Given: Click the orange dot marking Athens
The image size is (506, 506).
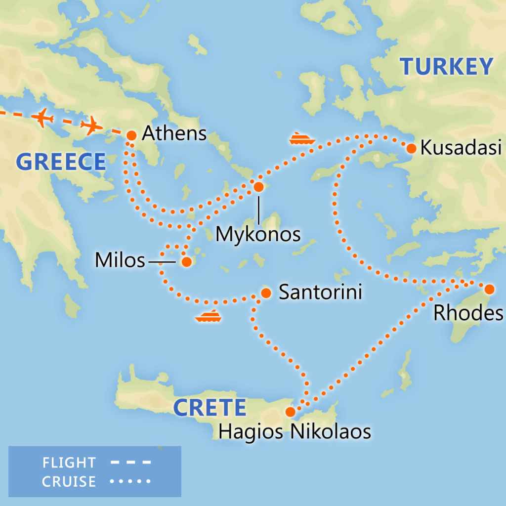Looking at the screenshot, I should [131, 135].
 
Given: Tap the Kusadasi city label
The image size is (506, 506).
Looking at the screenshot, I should [461, 148].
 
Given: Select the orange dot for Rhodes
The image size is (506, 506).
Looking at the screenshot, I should [489, 289].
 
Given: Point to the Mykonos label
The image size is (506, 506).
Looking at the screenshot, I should [258, 234].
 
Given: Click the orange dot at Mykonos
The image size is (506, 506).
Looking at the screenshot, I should [258, 187].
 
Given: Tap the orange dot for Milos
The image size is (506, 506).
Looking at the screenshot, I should [186, 262].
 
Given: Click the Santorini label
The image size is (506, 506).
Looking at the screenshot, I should [320, 292].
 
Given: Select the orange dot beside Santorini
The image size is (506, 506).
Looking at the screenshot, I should [266, 293].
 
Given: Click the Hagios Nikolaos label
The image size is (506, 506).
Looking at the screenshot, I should [295, 431].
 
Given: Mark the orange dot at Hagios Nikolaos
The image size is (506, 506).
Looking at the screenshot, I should [291, 412].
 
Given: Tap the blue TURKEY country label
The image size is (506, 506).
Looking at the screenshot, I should [446, 67].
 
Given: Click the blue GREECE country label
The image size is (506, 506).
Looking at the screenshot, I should [61, 162].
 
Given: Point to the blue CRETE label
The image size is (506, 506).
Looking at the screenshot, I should [210, 408].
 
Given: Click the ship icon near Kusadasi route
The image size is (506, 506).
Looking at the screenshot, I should [302, 138].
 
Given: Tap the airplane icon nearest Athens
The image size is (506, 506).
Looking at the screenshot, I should [90, 125].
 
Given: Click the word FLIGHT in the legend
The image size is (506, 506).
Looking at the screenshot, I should [69, 463].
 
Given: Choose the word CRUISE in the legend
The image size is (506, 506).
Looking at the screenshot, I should [69, 481].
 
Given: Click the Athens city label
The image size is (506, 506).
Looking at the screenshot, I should [174, 133].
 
